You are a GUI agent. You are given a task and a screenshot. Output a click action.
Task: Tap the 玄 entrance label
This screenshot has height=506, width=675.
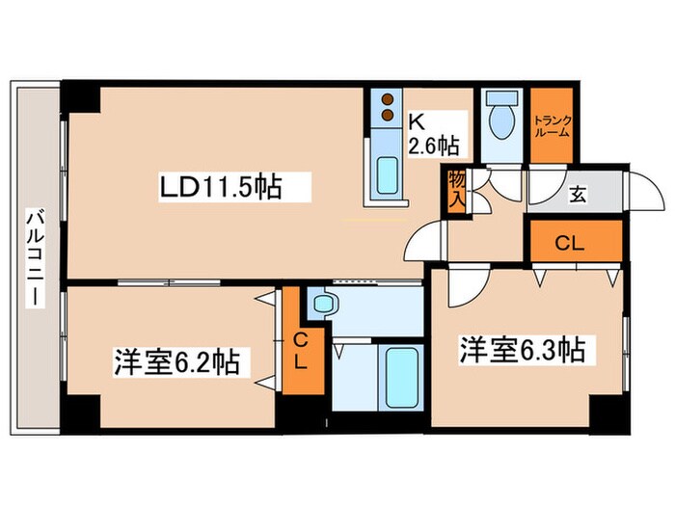(x=576, y=195)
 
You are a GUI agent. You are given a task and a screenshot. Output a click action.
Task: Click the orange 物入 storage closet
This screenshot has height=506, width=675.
(x=455, y=190)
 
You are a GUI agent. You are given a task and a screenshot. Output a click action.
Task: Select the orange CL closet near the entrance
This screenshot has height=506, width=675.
(x=570, y=243)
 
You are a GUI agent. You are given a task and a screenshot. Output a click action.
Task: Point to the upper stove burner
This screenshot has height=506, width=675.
(x=389, y=98)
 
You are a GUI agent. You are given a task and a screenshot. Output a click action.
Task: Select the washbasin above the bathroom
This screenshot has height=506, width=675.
(x=323, y=305)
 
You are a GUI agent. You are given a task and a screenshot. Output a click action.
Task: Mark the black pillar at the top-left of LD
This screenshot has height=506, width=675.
(x=81, y=97)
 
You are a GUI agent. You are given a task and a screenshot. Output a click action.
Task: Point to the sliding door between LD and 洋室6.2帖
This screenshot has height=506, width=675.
(x=174, y=282)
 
